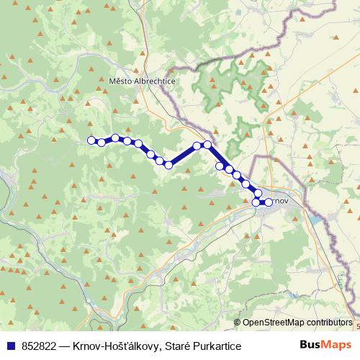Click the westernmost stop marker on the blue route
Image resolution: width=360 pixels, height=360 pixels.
[x=91, y=140]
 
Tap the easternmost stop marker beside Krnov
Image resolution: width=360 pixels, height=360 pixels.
[x=269, y=202]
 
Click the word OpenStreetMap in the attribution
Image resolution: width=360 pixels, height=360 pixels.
[x=274, y=323]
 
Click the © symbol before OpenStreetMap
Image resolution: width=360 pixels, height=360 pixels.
[x=238, y=323]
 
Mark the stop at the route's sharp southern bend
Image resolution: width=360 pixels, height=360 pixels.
[x=169, y=165]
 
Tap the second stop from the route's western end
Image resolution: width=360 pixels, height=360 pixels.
[x=102, y=143]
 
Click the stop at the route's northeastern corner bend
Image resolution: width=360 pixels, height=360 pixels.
[x=207, y=145]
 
